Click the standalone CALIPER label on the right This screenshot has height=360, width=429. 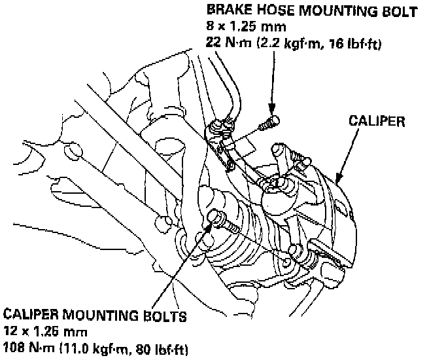tap(377, 121)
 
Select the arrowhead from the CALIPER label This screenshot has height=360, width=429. tap(338, 177)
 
